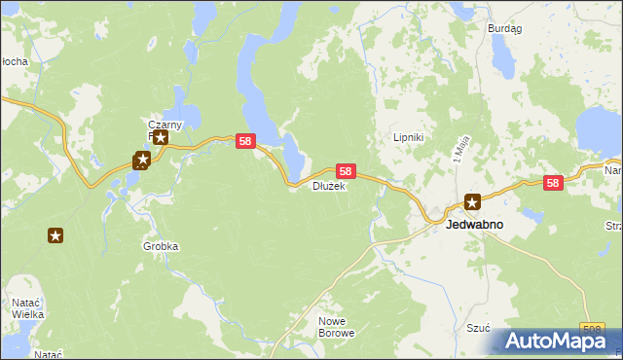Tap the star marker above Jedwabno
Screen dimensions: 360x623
(x=472, y=202)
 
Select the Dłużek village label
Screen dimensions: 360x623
(x=328, y=186)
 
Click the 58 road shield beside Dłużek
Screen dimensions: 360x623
(x=346, y=170)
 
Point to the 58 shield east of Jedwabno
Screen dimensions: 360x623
(x=553, y=182)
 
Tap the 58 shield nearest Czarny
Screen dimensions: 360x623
(x=245, y=142)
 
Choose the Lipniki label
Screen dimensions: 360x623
(x=407, y=137)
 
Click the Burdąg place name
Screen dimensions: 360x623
(x=504, y=29)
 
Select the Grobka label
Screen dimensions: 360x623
(x=161, y=246)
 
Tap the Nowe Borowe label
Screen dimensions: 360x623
(x=337, y=326)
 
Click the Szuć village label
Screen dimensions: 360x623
(x=477, y=329)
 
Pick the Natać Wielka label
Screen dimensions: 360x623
(x=25, y=309)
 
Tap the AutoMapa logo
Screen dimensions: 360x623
(x=556, y=342)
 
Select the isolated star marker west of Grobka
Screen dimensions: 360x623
(x=55, y=235)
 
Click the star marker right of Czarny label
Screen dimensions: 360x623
(x=161, y=138)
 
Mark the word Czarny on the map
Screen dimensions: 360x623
(x=165, y=125)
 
